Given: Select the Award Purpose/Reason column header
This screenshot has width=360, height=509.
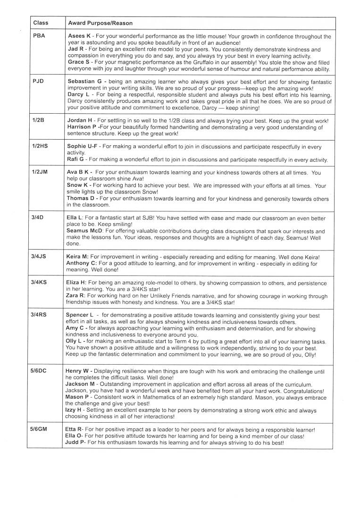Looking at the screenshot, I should [100, 23].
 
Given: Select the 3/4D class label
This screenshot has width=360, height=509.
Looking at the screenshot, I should [38, 217].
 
